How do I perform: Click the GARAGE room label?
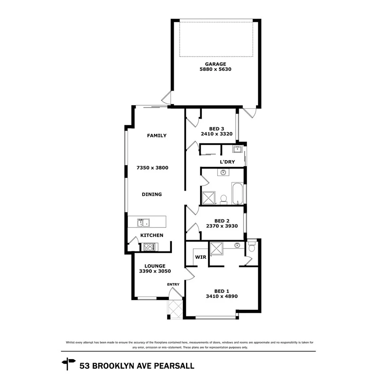coord(215,64)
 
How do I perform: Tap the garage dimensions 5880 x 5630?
coord(215,69)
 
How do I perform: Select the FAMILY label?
coord(157,136)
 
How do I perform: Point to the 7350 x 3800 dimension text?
coord(152,167)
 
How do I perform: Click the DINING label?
coord(152,194)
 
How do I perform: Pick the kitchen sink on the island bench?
coord(143,222)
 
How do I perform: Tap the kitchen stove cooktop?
coord(149,246)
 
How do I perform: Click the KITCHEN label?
coord(152,235)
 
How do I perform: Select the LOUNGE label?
coord(152,266)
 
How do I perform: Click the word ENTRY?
coord(173,284)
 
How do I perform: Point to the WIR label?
coord(200,257)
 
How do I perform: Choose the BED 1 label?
coord(222,291)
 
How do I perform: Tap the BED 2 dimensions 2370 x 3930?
coord(222,226)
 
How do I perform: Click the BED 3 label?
coord(216,129)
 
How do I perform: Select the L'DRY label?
coord(227,162)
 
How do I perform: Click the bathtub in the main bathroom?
coord(237,194)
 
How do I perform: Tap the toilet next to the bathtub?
coord(223,199)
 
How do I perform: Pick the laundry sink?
coord(237,150)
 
